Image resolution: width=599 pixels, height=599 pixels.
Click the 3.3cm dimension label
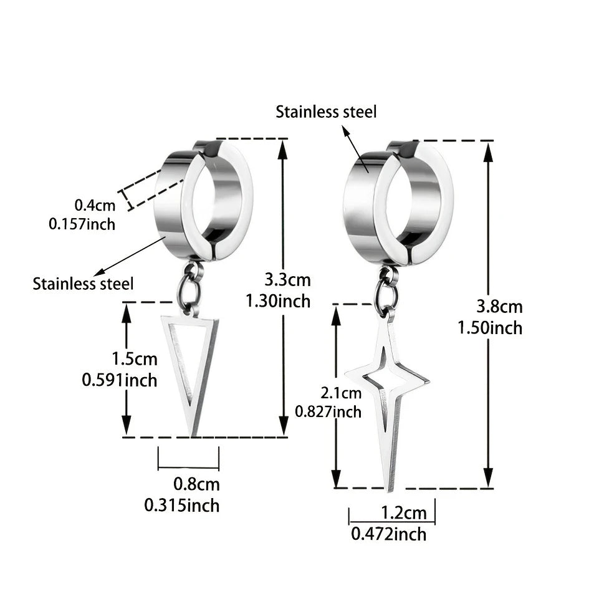click(288, 280)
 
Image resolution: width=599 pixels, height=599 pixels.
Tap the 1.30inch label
click(278, 301)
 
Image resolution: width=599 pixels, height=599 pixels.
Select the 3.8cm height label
click(499, 307)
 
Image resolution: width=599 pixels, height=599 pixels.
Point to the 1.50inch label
click(490, 328)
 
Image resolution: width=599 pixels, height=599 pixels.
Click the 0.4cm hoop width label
click(95, 205)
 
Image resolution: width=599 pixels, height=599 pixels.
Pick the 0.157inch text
click(82, 224)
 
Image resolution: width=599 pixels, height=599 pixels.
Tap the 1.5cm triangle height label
click(135, 359)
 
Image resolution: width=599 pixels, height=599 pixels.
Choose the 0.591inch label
click(120, 380)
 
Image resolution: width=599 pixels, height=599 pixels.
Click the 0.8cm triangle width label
click(197, 484)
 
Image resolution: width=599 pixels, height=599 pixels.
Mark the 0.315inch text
click(182, 506)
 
